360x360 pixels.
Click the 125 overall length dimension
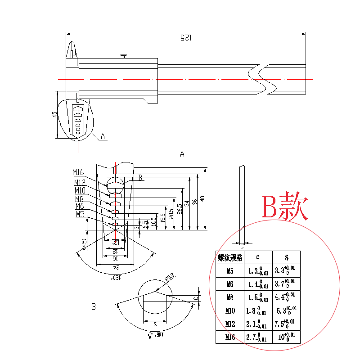185,38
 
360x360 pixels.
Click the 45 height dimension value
54,114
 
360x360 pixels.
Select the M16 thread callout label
78,172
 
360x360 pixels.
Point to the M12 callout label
80,182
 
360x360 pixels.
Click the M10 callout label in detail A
80,190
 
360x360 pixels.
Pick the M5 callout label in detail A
80,214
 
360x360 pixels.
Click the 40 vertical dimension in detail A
203,198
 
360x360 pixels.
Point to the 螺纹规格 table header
230,258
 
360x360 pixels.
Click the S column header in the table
286,258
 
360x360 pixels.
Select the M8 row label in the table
230,297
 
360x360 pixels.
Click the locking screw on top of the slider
124,56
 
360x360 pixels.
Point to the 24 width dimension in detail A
115,266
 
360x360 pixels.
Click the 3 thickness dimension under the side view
242,246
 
